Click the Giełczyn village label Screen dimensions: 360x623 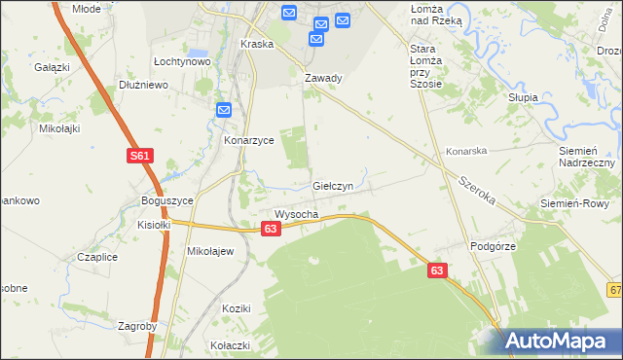pos(339,185)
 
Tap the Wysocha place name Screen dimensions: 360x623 pos(296,214)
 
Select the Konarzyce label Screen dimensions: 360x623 pos(249,140)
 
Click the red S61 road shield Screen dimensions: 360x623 pos(139,156)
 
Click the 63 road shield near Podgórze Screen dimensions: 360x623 pos(437,272)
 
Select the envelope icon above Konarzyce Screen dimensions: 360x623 pos(223,111)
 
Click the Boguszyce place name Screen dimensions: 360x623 pos(167,200)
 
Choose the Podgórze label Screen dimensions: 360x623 pos(492,247)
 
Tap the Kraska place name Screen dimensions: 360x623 pos(256,45)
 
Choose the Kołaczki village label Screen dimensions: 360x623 pos(231,345)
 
